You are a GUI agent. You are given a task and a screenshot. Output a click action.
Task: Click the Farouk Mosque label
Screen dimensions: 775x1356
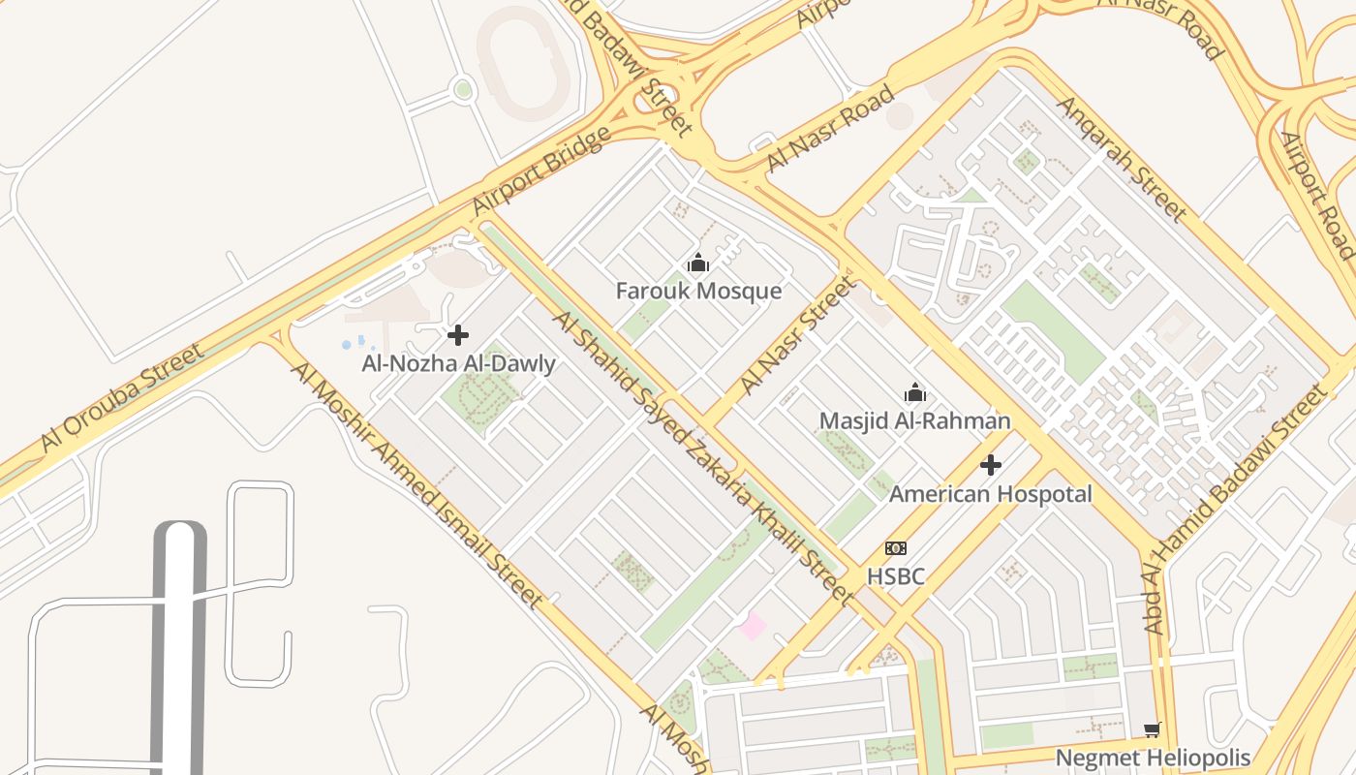698,291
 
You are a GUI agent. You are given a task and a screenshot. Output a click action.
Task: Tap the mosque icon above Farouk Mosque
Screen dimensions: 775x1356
698,263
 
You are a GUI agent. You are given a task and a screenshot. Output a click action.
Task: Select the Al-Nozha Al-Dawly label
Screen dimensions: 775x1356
458,364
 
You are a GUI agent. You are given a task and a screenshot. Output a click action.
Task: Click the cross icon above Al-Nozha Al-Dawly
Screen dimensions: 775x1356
458,335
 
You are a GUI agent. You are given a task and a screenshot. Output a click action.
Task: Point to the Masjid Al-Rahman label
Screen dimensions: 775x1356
914,420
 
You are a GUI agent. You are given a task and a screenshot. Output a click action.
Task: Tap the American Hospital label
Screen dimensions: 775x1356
990,494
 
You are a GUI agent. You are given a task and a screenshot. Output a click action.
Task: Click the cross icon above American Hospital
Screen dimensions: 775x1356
990,465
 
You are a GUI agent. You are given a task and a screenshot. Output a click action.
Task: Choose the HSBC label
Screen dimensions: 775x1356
895,576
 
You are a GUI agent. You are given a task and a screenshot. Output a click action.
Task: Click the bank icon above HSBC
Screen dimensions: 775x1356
896,548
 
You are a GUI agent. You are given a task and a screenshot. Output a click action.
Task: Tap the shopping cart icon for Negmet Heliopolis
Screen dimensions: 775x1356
1152,729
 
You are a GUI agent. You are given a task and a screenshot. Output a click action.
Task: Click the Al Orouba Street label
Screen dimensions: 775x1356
123,397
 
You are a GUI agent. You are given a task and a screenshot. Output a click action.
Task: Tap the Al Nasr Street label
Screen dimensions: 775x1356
798,335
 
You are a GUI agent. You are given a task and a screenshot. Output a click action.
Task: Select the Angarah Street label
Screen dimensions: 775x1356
1122,157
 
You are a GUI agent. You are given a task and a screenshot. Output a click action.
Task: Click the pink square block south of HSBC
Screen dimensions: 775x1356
753,626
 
